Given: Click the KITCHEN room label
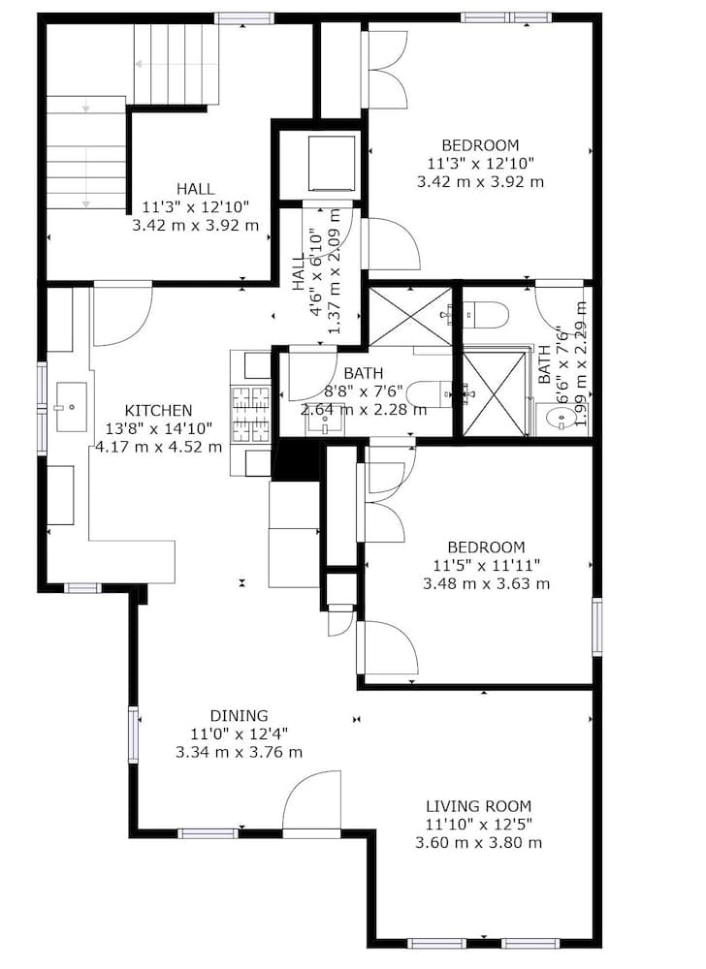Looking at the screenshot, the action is (158, 410).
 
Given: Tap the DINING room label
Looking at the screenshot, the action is (240, 716).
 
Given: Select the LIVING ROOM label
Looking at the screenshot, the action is (478, 806).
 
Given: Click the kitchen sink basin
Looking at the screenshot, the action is (72, 407).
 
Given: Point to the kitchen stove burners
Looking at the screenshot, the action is (250, 414).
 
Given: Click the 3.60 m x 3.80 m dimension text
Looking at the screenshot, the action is (478, 842).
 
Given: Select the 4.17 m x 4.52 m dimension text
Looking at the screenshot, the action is (158, 446).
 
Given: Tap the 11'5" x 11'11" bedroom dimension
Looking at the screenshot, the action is (487, 565).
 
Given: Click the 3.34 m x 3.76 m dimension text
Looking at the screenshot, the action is (240, 752).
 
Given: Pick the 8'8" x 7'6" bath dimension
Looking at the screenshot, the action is (364, 391).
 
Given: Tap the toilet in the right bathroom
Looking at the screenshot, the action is (486, 314).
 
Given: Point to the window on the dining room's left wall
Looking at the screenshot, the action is (133, 735).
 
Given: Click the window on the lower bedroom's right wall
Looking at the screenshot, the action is (596, 626).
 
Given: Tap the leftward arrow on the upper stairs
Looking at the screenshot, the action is (151, 64).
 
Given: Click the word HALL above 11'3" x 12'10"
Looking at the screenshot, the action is (195, 189).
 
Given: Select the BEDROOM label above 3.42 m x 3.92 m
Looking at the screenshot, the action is (480, 145).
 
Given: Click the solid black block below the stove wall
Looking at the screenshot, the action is (296, 458).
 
